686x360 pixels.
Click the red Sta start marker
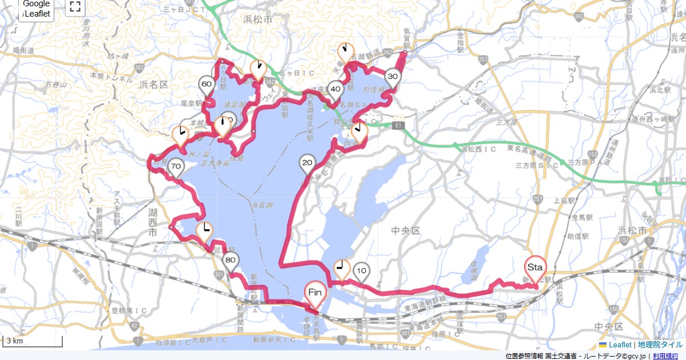pyautogui.click(x=535, y=267)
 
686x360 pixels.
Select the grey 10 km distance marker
pyautogui.click(x=361, y=270)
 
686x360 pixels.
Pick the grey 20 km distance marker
pyautogui.click(x=307, y=163)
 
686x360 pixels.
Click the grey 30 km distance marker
pyautogui.click(x=392, y=77)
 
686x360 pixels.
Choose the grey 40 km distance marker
pyautogui.click(x=335, y=89)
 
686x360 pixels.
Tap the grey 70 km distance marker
pyautogui.click(x=176, y=167)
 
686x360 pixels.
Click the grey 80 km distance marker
pyautogui.click(x=231, y=261)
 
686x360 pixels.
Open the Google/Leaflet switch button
pyautogui.click(x=37, y=9)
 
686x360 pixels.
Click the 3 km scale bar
pyautogui.click(x=33, y=341)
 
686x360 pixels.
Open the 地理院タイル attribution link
pyautogui.click(x=660, y=345)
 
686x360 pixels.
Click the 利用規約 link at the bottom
pyautogui.click(x=667, y=356)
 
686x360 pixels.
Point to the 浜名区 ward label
pyautogui.click(x=153, y=84)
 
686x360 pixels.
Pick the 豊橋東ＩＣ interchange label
pyautogui.click(x=127, y=310)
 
